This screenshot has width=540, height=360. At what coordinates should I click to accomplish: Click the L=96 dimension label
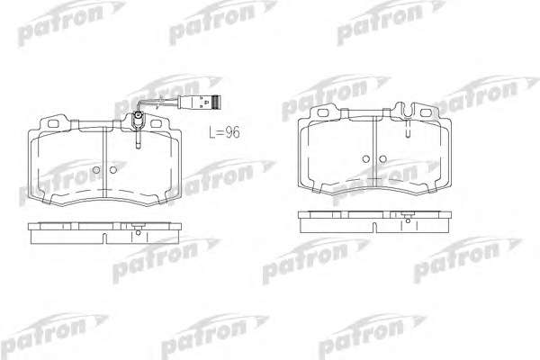coord(224,132)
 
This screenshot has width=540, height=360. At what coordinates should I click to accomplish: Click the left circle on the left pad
coord(96,170)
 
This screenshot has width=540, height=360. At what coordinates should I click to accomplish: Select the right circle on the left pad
coord(113,170)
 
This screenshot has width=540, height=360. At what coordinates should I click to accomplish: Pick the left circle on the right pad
coord(366,159)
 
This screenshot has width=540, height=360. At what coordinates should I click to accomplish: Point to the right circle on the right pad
coord(382,159)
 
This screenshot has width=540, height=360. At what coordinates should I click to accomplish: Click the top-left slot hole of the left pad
coord(53,123)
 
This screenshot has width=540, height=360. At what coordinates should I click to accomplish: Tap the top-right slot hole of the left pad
coord(156,123)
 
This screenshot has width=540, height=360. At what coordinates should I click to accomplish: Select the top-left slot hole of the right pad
coord(323,112)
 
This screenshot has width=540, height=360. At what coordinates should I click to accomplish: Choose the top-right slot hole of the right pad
coord(426,112)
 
